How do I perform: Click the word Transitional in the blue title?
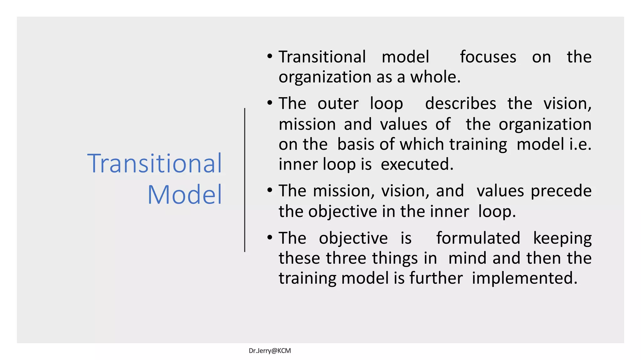pyautogui.click(x=155, y=163)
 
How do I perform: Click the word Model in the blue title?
pyautogui.click(x=185, y=195)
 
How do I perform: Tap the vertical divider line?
pyautogui.click(x=244, y=180)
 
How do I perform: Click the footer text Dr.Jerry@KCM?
pyautogui.click(x=270, y=351)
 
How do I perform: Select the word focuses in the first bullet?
pyautogui.click(x=488, y=57)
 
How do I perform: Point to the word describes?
pyautogui.click(x=460, y=104)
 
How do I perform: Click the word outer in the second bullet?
pyautogui.click(x=338, y=104)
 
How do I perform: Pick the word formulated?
pyautogui.click(x=478, y=238)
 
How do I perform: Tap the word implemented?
pyautogui.click(x=524, y=278)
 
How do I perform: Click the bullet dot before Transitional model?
pyautogui.click(x=270, y=57)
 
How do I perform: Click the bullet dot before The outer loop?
pyautogui.click(x=270, y=103)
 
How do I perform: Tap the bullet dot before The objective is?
pyautogui.click(x=270, y=238)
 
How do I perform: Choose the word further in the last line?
pyautogui.click(x=436, y=278)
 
